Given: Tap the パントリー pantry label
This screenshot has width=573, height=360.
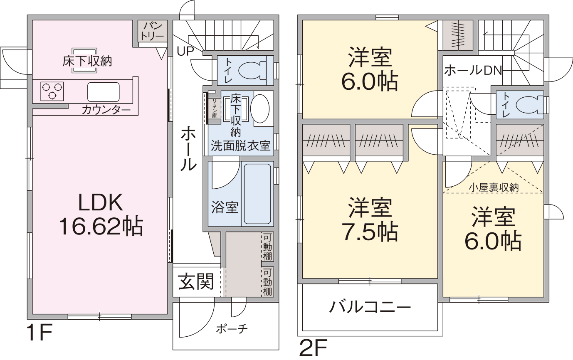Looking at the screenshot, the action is (153, 31).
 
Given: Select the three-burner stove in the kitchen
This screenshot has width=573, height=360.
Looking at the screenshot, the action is (52, 91).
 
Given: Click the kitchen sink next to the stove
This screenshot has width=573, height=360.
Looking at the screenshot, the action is (104, 92).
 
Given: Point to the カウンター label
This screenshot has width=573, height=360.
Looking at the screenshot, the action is (106, 110).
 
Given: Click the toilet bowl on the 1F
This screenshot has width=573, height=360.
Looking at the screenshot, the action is (252, 70).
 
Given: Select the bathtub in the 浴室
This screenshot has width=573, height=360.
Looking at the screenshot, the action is (257, 194).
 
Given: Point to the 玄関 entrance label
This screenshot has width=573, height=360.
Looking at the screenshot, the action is (196, 281).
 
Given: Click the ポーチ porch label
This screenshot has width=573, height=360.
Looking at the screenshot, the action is (232, 329).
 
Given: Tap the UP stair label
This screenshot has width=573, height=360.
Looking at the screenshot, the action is (185, 52).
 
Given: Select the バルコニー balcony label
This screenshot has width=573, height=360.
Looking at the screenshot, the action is (370, 307).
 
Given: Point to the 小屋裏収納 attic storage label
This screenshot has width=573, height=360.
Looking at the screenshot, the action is (494, 187).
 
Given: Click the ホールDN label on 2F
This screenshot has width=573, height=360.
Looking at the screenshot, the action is (473, 70).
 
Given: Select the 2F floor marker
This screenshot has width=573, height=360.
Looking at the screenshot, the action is (313, 348).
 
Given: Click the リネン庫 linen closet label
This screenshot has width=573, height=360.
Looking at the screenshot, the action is (214, 108).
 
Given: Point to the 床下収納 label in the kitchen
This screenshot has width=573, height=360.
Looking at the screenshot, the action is (87, 61).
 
